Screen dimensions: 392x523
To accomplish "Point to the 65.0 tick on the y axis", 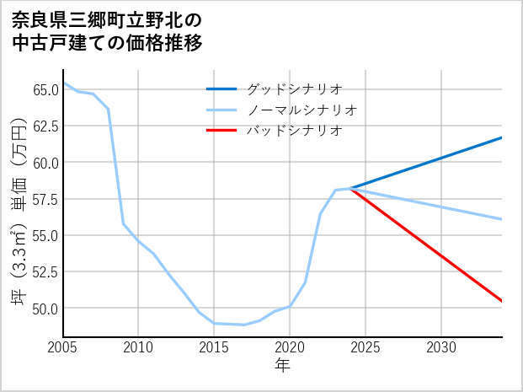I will [45, 89].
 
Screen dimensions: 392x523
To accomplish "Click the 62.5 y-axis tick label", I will [45, 126].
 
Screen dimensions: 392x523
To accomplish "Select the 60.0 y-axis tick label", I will [45, 162].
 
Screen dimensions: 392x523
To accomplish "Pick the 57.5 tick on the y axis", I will [45, 199].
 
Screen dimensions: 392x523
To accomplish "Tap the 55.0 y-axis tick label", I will [45, 235].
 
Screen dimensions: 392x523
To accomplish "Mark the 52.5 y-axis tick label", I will [45, 271].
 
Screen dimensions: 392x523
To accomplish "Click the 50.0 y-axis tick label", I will [45, 309].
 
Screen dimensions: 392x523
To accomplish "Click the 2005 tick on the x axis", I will [62, 347].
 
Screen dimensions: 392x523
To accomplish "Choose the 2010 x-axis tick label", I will [138, 347].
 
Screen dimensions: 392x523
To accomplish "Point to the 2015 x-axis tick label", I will [214, 347].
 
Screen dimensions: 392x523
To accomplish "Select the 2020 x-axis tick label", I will [290, 347].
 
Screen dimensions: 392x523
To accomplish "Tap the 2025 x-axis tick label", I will [366, 347].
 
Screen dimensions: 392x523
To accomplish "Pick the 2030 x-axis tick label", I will [441, 347].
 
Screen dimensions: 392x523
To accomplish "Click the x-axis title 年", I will [282, 366].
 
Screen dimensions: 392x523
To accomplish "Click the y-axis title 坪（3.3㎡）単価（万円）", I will [19, 211].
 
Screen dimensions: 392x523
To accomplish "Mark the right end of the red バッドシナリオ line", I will [502, 301].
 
